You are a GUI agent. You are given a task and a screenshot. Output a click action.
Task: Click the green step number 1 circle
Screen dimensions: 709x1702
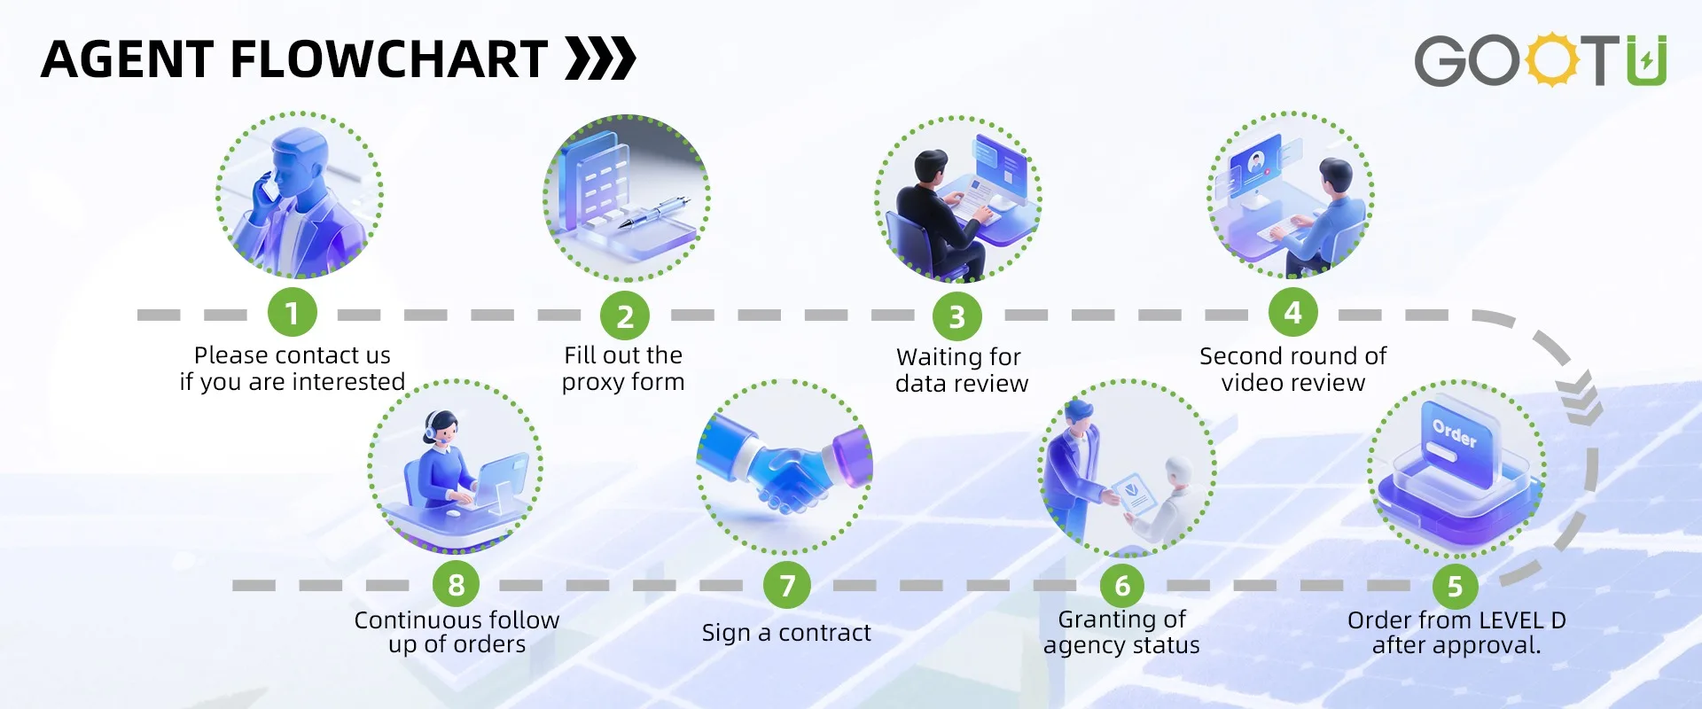tap(293, 313)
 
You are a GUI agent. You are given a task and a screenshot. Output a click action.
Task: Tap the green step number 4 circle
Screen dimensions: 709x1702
tap(1293, 313)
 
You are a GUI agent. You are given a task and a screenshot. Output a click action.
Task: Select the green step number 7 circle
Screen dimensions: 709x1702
tap(787, 585)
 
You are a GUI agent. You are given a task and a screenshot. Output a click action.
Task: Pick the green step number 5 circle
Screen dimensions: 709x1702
tap(1455, 586)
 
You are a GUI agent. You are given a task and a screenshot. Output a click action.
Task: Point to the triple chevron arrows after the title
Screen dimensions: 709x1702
tap(601, 58)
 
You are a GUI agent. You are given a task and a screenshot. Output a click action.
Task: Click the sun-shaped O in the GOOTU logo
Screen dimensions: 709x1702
tap(1552, 60)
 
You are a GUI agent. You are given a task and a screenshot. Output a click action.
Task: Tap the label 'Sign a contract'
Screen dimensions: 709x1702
tap(786, 633)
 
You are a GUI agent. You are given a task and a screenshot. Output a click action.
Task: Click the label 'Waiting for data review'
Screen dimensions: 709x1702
tap(961, 370)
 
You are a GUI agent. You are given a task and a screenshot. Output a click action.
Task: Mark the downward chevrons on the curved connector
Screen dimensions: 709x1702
tap(1581, 396)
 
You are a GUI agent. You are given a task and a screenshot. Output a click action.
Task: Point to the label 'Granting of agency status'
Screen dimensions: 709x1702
tap(1121, 632)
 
